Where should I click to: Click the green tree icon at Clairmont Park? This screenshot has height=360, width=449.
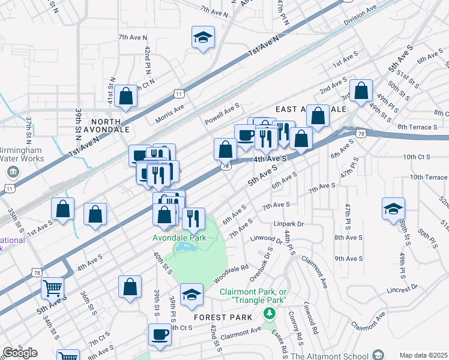pos(270,312)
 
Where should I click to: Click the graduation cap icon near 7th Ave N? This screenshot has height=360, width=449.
pos(203,37)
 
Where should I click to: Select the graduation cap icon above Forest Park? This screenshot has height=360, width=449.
pos(191,294)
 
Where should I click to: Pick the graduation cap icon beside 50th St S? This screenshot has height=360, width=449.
pos(393,208)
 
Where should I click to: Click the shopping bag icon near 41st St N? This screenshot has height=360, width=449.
pos(126,96)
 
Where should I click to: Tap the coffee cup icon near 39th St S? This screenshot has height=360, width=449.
pos(160,334)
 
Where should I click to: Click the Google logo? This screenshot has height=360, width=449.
pos(20,353)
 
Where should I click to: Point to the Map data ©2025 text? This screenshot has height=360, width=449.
pos(424,355)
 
